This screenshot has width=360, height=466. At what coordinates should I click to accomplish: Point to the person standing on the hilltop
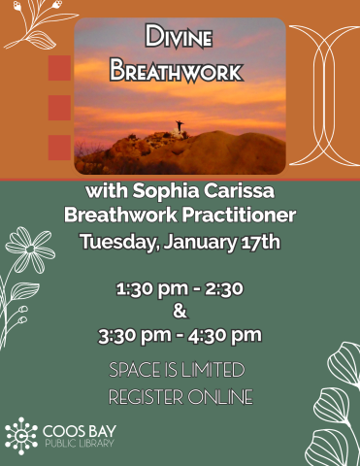[x=178, y=125]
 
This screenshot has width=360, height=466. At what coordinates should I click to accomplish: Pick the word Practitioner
[x=237, y=214]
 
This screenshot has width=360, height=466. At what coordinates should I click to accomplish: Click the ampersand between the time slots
[x=179, y=312]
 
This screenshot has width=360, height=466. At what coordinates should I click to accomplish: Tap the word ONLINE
[x=224, y=396]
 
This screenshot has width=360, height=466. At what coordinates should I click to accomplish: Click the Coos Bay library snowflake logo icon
[x=21, y=435]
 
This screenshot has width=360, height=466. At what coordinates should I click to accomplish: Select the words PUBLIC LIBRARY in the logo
[x=79, y=444]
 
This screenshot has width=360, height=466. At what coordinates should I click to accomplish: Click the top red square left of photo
[x=59, y=68]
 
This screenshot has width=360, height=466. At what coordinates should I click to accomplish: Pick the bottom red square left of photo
[x=59, y=147]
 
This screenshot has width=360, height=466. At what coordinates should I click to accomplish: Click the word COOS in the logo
[x=62, y=428]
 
